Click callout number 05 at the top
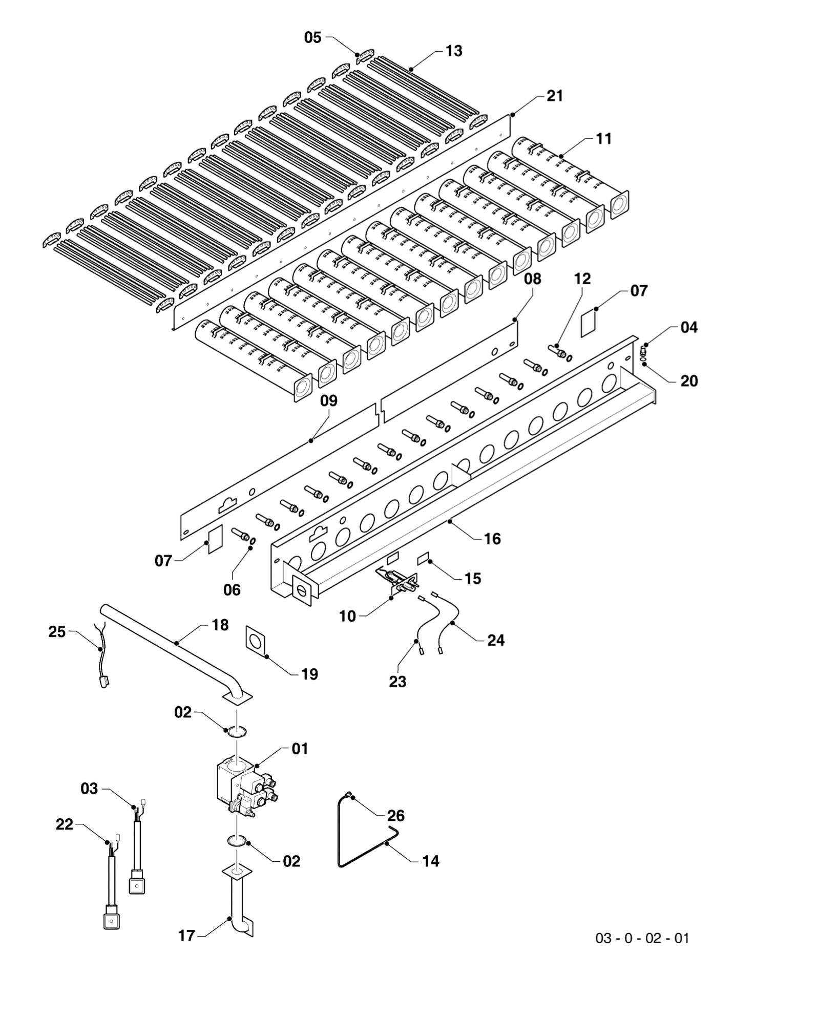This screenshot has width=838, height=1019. coord(312,37)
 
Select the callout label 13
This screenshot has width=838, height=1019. coord(453,51)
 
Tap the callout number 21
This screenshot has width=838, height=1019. coord(554,96)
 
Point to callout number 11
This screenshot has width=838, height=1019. coord(603,139)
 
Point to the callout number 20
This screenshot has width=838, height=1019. coord(689,381)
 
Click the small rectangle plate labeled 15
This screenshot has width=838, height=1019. coord(424,558)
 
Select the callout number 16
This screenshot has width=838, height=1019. coord(492,539)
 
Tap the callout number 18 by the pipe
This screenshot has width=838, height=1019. coord(220,625)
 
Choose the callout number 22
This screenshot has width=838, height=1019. coord(65,825)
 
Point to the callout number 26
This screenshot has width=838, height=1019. coord(396,816)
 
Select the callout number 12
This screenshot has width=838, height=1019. coord(582,279)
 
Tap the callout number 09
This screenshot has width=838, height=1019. coord(329,401)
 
